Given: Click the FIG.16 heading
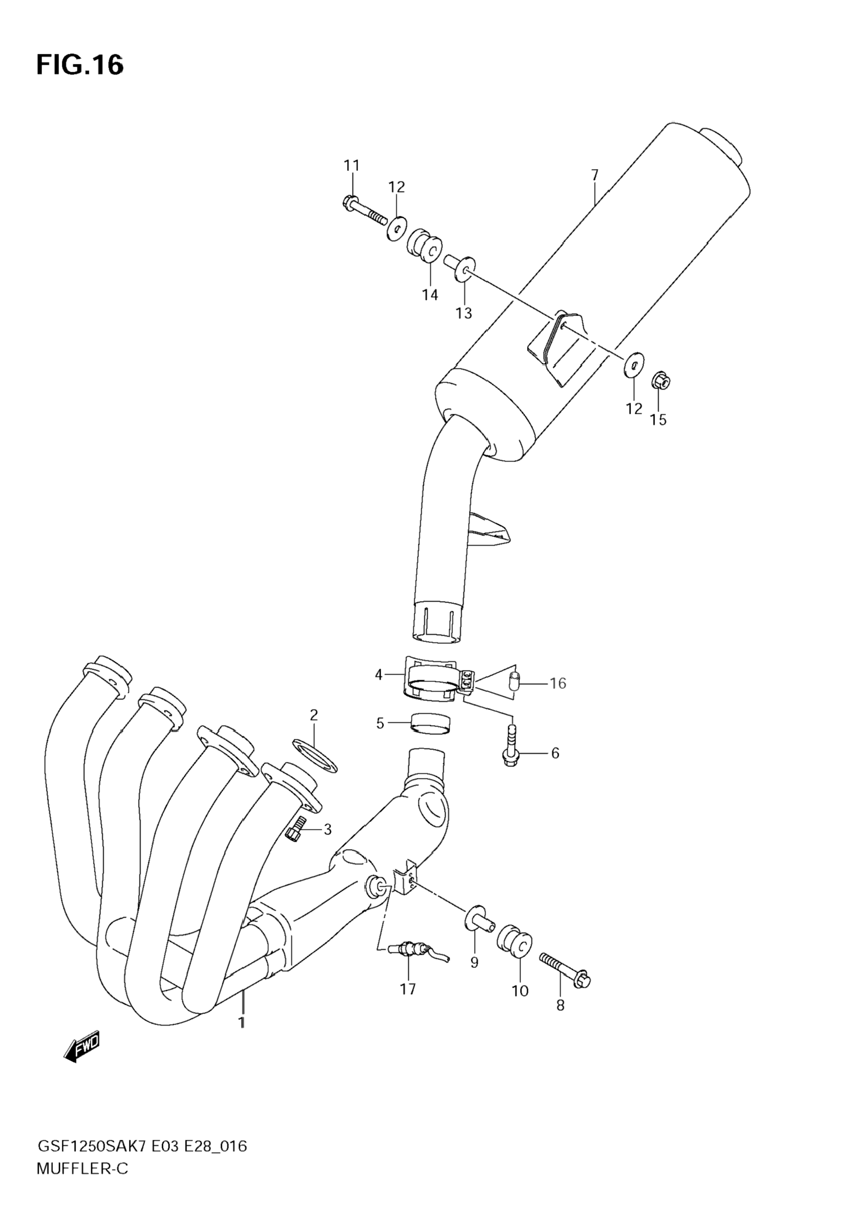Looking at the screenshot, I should [x=80, y=65].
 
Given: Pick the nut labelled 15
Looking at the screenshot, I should [x=662, y=381].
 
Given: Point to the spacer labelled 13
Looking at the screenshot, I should [x=460, y=267].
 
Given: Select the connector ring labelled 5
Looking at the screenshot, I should [x=432, y=724].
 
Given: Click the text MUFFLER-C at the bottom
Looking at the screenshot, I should [x=83, y=1168].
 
